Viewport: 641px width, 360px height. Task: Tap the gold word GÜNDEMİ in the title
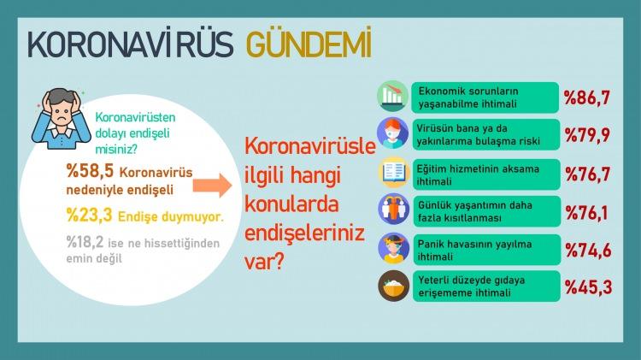[309, 43]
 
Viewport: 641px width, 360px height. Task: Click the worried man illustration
[62, 119]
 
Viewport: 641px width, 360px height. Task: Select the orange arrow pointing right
[212, 185]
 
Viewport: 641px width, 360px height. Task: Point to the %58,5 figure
[90, 171]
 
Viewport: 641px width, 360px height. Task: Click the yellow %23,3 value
[89, 215]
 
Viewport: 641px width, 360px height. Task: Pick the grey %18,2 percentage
[85, 242]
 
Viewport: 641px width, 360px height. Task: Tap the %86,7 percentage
[587, 97]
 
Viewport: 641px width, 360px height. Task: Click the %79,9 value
[587, 135]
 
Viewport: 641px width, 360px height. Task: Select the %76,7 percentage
[588, 174]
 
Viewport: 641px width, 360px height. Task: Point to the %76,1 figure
[586, 213]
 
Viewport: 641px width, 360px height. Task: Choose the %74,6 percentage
[588, 250]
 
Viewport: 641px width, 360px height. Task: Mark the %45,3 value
[589, 287]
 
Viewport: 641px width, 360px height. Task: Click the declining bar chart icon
[393, 97]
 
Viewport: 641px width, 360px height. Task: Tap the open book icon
[394, 172]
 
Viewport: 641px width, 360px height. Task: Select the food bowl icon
[394, 286]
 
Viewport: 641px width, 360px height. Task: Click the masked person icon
[393, 133]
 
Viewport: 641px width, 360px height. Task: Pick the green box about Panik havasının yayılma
[486, 250]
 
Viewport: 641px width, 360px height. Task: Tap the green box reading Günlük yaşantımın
[486, 211]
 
